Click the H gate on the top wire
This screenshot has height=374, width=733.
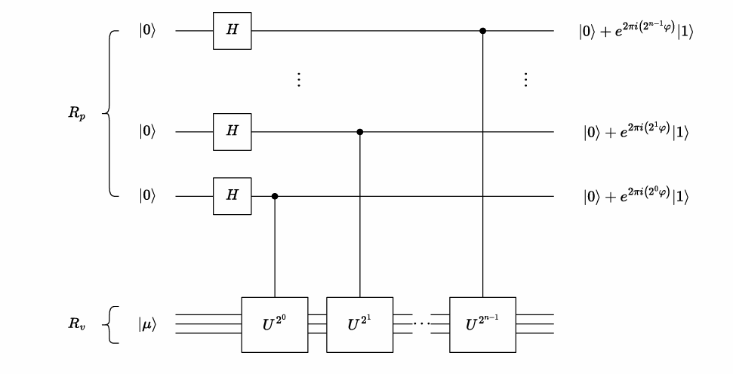pos(232,31)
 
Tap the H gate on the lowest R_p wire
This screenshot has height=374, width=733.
pos(232,196)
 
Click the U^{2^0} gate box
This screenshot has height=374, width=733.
pos(274,324)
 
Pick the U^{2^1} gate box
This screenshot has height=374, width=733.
pos(359,324)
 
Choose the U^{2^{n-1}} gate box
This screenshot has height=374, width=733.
pos(482,324)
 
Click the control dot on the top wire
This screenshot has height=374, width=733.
pos(482,31)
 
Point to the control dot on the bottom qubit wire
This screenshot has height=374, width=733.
pos(274,196)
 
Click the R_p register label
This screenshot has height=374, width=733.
pos(77,115)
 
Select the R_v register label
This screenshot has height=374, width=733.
pos(77,324)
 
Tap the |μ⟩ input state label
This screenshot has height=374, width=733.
pos(148,324)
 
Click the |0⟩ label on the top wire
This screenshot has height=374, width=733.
pos(148,32)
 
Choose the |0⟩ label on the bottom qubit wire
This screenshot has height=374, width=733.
pos(148,196)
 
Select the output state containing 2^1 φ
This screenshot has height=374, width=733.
pos(635,132)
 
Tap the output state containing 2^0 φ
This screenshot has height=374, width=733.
pos(635,196)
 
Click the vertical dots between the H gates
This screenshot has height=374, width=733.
pos(299,80)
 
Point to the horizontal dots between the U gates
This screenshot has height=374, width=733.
pos(421,324)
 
